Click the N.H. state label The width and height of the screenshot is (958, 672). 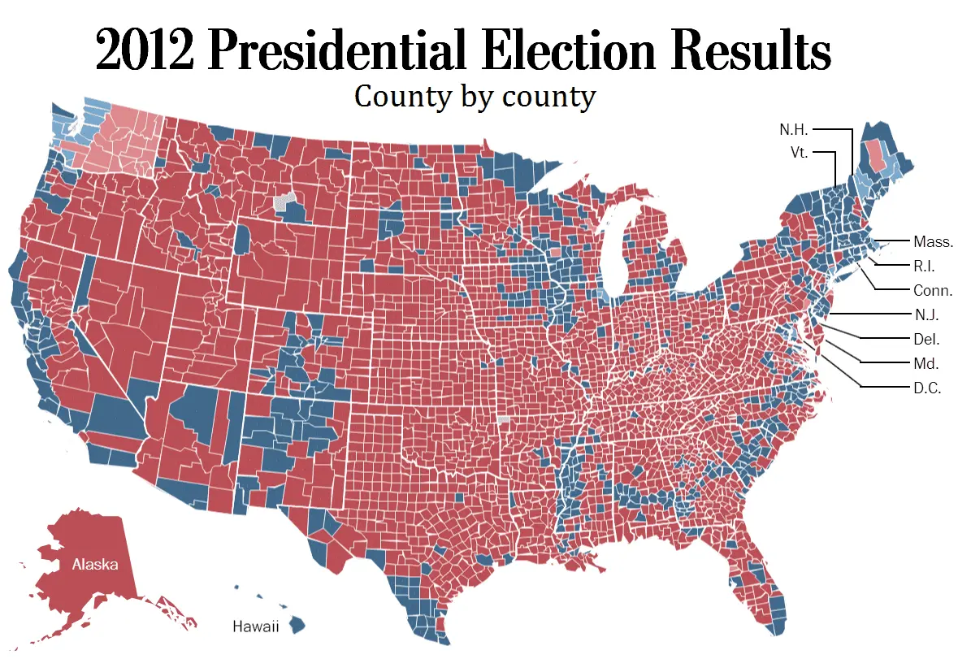coord(795,129)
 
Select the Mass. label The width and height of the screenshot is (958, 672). coord(932,241)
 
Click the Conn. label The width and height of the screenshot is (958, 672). coord(932,290)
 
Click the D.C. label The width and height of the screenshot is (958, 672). coord(926,388)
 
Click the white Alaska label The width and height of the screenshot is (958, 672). coord(94,564)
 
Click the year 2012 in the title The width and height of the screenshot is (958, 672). coord(145,53)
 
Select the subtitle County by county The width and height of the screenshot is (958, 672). coord(475,97)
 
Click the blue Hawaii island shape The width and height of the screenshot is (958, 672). coord(297,625)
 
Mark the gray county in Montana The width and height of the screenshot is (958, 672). coord(284,202)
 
